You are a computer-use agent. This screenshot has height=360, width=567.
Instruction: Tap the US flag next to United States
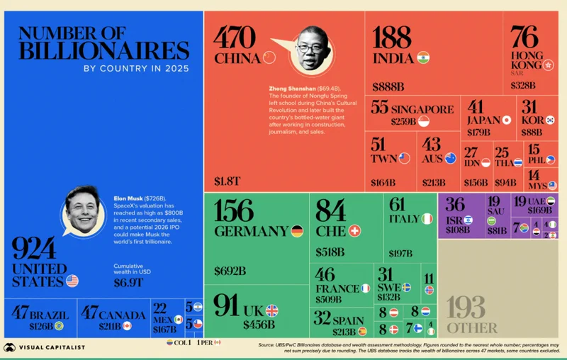click(x=72, y=281)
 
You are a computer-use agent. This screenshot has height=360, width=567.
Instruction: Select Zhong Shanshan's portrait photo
click(x=309, y=49)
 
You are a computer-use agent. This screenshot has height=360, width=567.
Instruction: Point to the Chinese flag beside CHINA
click(x=268, y=57)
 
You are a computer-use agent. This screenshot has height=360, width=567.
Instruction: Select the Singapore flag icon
click(x=424, y=122)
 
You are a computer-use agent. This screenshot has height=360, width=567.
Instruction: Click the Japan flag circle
click(x=507, y=120)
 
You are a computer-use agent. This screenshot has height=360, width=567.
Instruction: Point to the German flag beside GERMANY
click(x=296, y=231)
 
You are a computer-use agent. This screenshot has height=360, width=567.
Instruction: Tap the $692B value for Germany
click(x=230, y=270)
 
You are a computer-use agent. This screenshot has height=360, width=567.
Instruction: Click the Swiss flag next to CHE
click(x=355, y=231)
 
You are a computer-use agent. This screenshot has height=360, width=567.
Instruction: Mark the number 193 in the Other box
click(x=466, y=308)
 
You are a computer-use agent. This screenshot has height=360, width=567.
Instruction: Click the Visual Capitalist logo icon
click(x=10, y=347)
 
